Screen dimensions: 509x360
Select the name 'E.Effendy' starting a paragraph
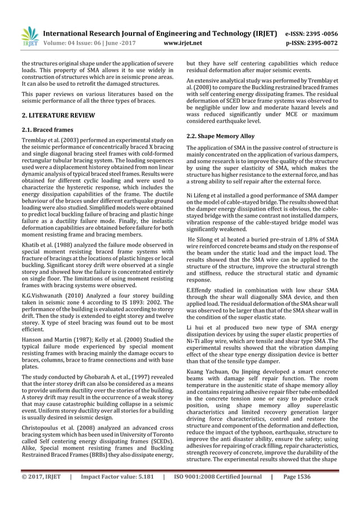pos(200,291)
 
